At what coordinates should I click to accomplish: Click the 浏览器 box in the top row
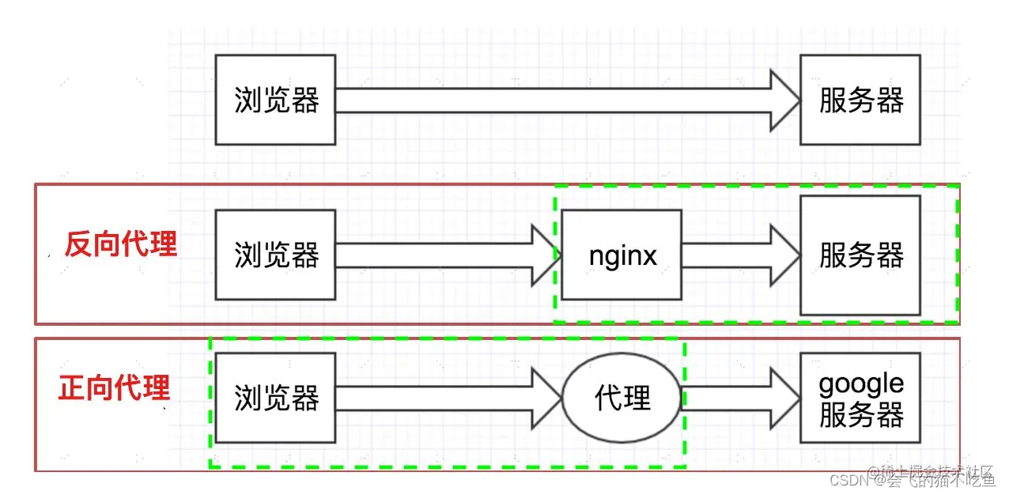click(275, 100)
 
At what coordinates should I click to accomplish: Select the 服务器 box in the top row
click(860, 100)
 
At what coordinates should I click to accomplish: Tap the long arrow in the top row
click(554, 100)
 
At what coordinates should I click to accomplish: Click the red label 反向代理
click(120, 244)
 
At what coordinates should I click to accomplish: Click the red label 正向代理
click(115, 388)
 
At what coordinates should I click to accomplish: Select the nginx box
click(622, 255)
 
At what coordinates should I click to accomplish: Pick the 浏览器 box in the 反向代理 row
click(275, 255)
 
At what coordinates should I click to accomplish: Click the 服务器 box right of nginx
click(860, 255)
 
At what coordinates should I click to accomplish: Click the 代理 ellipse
click(622, 398)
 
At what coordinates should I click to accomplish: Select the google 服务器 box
click(860, 398)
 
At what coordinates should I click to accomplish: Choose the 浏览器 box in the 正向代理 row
click(275, 398)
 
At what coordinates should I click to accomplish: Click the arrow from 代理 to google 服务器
click(739, 398)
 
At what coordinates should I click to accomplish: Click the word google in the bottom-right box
click(860, 384)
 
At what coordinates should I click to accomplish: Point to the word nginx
click(622, 255)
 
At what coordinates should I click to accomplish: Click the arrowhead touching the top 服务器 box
click(784, 100)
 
